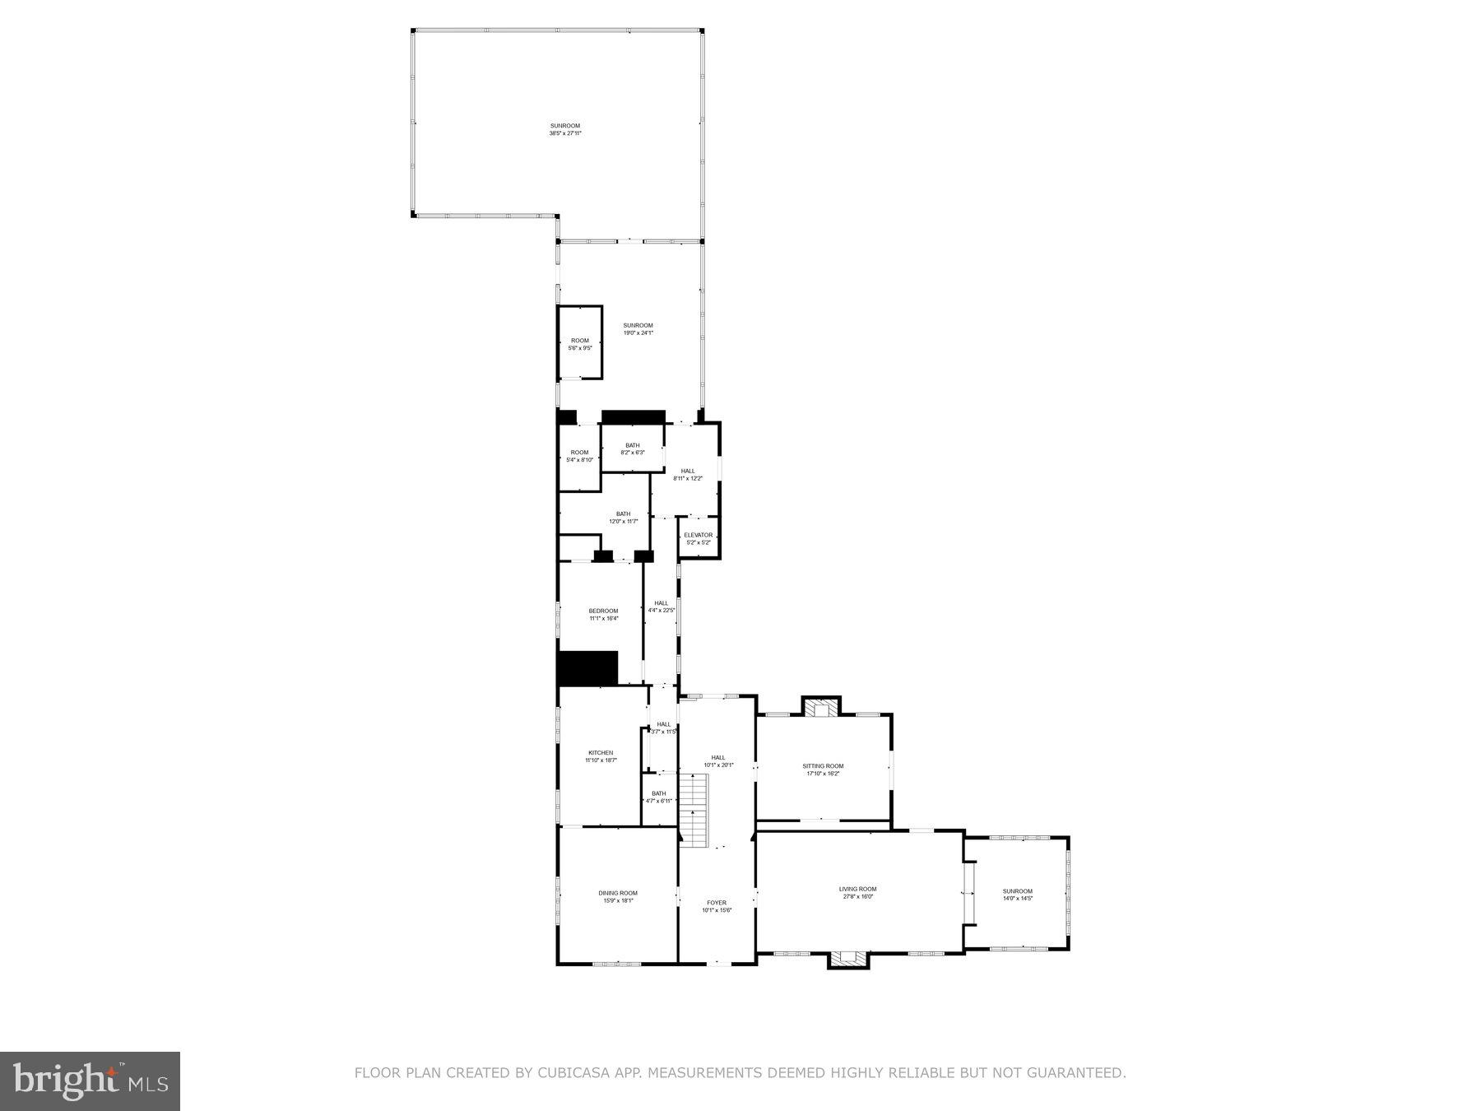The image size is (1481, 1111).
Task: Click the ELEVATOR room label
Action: point(698,536)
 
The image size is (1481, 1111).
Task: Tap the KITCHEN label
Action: point(601,753)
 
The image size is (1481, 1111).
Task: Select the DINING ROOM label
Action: point(617,893)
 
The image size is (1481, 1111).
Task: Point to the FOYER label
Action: point(716,903)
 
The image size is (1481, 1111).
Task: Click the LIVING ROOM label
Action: point(857,889)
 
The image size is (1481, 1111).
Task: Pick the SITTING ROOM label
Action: point(823,766)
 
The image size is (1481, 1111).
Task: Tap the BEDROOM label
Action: point(603,611)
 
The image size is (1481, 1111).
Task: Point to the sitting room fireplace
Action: point(820,709)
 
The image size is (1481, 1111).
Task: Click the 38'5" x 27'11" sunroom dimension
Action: point(565,133)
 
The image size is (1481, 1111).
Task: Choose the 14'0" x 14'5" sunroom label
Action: point(1017,895)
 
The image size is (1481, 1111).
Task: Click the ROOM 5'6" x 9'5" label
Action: point(580,344)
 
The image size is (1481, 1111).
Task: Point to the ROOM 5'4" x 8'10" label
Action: point(579,456)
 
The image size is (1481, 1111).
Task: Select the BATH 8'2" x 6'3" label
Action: point(632,449)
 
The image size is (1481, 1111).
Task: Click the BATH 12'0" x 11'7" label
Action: point(623,518)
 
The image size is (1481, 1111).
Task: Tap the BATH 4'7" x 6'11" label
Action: point(658,797)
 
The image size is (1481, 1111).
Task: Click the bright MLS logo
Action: point(90,1081)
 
